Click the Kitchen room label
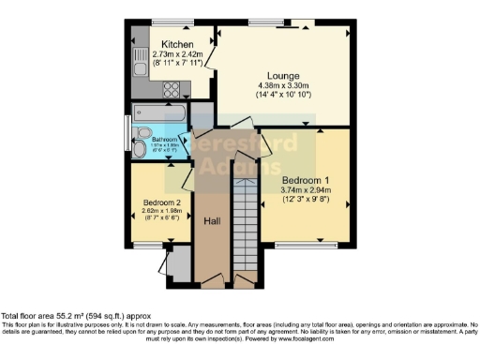[x=176, y=44]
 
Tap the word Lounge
[x=282, y=74]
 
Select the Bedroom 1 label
[x=306, y=180]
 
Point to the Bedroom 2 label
[x=161, y=202]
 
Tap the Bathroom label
[x=152, y=139]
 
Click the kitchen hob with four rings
[x=173, y=90]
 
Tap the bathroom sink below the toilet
[x=140, y=150]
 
